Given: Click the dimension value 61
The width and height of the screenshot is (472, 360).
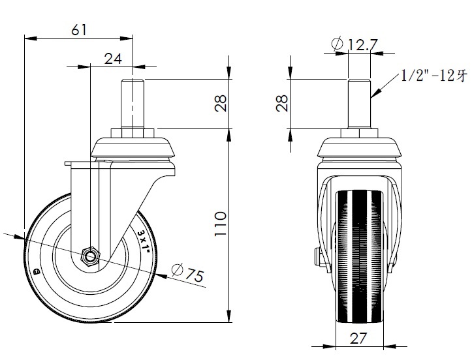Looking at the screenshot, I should (x=78, y=29).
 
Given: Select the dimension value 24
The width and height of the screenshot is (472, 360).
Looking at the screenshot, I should (x=114, y=58).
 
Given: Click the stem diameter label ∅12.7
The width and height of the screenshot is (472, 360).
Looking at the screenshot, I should (x=356, y=45).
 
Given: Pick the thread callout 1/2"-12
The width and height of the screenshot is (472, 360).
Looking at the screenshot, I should (x=433, y=75).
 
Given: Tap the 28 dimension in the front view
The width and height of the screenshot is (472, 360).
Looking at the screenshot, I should (x=282, y=103).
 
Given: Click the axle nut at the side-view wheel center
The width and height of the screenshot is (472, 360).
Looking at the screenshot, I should (x=90, y=255).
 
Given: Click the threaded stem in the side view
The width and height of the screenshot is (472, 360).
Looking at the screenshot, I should (x=133, y=103).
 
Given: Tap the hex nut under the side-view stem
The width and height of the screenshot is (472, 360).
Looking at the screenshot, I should (x=133, y=133).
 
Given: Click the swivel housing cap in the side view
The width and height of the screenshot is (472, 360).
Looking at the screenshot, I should (x=133, y=149).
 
